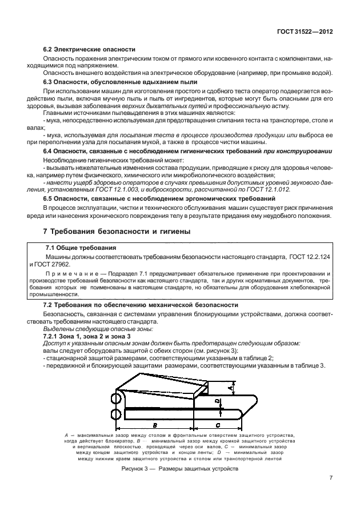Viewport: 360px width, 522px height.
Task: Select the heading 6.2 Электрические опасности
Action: click(x=89, y=50)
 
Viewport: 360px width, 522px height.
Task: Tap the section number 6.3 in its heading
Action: click(x=49, y=82)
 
